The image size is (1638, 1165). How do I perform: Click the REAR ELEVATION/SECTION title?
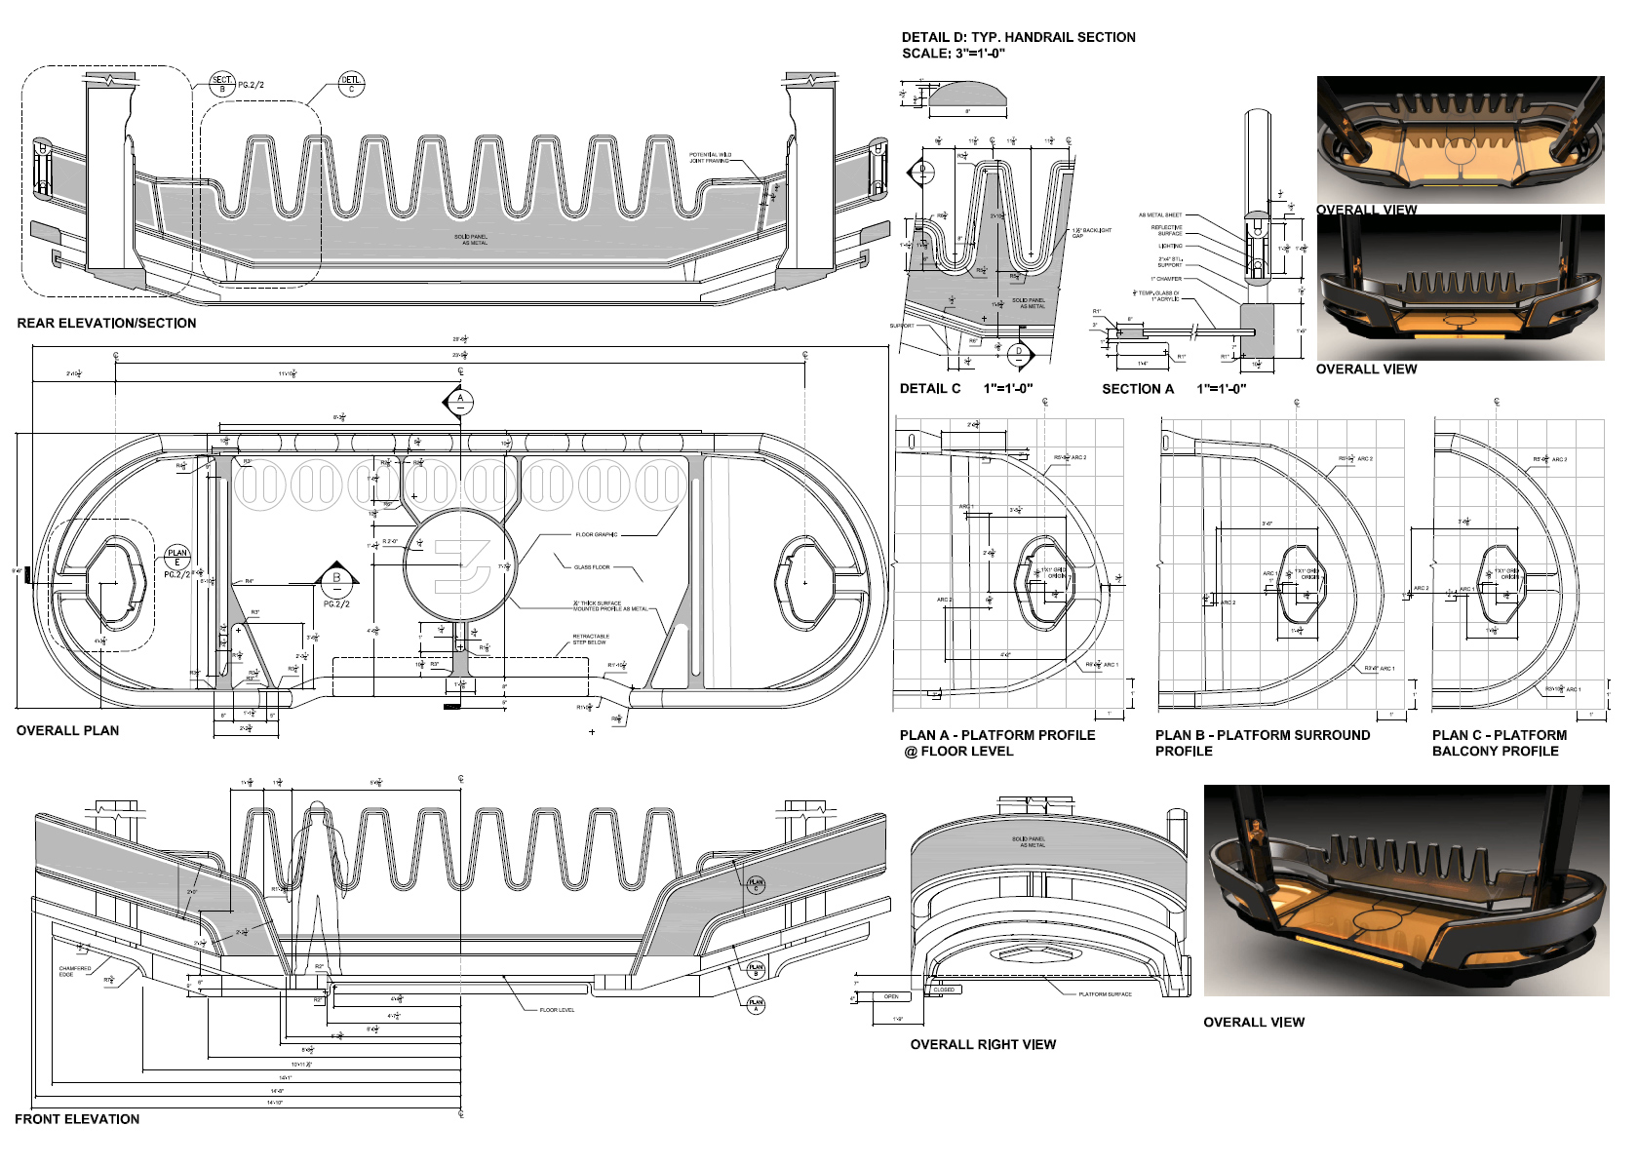[106, 324]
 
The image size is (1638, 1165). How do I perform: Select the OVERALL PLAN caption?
[67, 730]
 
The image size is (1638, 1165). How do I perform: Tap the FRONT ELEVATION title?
[77, 1119]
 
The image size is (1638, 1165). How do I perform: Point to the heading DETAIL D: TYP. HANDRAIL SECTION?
[1018, 37]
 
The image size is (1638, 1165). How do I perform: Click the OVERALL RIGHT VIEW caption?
[983, 1044]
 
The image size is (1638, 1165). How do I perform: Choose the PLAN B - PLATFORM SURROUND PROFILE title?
[1262, 743]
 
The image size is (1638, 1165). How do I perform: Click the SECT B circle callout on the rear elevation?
[222, 84]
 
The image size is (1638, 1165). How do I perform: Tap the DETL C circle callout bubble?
[351, 84]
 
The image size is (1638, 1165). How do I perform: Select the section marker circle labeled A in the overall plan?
[460, 400]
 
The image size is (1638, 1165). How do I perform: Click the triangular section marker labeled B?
[337, 577]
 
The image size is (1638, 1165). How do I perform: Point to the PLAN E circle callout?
[176, 558]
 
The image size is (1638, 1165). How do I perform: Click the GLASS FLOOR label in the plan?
[592, 566]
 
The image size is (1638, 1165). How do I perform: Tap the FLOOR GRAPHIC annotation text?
[596, 534]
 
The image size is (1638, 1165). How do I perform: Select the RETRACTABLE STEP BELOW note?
[590, 640]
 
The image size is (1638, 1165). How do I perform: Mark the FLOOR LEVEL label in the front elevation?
[557, 1010]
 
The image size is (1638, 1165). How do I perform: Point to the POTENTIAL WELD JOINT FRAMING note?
[709, 157]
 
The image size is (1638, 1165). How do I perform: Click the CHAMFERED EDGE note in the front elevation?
[74, 971]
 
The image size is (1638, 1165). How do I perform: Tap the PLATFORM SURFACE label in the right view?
[1105, 994]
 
